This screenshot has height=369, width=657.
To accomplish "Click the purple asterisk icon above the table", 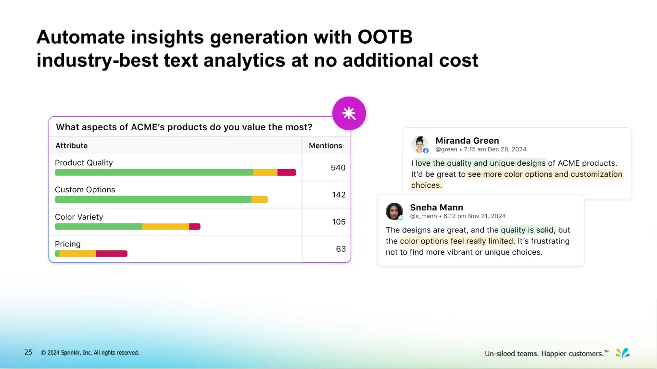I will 349,113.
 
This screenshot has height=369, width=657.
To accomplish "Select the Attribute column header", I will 72,146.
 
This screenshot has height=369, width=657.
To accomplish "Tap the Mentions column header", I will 326,146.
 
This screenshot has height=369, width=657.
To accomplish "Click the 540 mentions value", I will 338,168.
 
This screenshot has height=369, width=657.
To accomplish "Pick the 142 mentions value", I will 339,195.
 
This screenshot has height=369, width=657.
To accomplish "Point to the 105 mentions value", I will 339,221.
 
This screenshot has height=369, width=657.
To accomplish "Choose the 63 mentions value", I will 341,248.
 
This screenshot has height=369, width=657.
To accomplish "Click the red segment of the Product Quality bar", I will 287,172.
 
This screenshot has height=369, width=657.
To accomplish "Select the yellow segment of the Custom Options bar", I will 259,199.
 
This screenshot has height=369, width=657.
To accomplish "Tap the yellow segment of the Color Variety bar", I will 165,226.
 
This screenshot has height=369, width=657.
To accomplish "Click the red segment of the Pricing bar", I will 111,254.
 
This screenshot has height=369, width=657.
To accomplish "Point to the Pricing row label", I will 68,244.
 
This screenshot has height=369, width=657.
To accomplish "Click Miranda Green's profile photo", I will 419,144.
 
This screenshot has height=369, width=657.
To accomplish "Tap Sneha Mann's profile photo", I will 394,211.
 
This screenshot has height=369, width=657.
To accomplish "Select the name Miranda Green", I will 467,141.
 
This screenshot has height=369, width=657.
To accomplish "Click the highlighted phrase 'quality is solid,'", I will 528,230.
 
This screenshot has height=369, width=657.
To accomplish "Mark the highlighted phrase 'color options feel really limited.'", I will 457,241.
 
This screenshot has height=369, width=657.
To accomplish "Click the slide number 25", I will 28,352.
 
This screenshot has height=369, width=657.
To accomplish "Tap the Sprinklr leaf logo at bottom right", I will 622,353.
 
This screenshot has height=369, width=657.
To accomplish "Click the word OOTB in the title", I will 385,37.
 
